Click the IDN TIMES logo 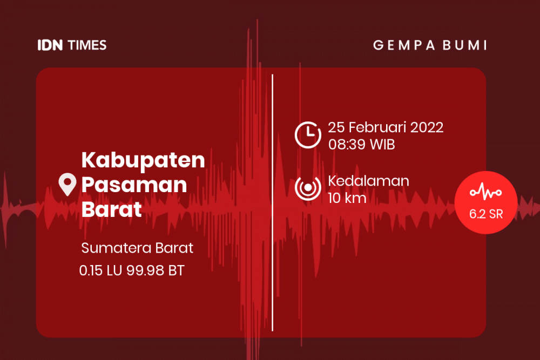72,45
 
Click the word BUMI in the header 467,45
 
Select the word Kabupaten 143,160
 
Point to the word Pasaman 134,185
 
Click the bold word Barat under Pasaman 111,209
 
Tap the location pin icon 67,185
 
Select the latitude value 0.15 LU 101,270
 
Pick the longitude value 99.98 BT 155,270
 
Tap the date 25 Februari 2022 386,128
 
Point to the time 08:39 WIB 361,145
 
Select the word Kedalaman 368,181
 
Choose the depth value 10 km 347,198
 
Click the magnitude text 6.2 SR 486,214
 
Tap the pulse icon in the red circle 486,192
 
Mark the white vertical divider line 272,202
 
